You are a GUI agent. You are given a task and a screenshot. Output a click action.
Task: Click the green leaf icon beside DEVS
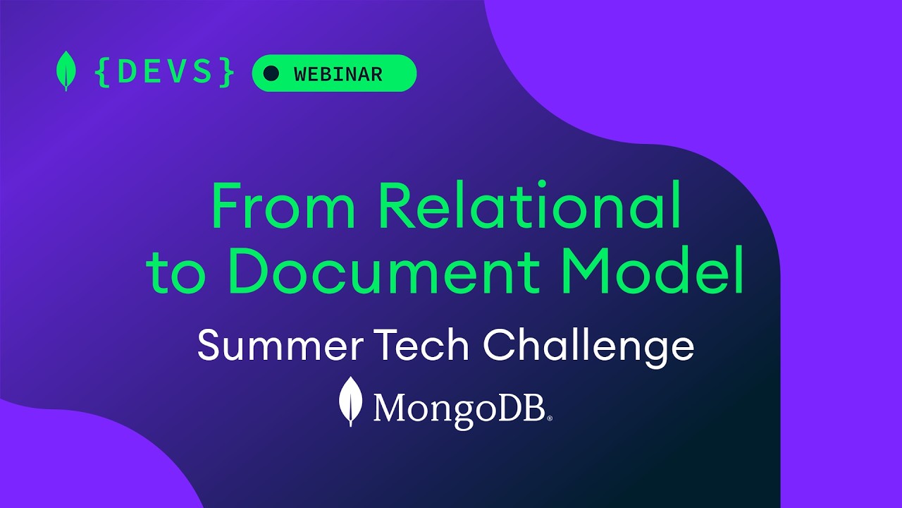click(x=66, y=71)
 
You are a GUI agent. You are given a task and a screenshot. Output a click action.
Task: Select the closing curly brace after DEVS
click(x=227, y=72)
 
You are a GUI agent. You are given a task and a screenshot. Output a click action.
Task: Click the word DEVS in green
click(x=165, y=72)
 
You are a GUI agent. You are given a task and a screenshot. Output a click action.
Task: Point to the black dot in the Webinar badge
click(x=271, y=73)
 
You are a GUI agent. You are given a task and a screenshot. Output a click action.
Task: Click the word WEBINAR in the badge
click(x=338, y=74)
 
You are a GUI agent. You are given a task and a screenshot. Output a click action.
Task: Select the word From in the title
click(x=283, y=206)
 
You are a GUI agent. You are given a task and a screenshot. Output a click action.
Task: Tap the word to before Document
click(x=175, y=270)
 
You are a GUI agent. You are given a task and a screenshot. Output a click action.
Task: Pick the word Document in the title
click(x=385, y=269)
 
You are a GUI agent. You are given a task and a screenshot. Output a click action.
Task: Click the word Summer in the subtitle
click(x=280, y=345)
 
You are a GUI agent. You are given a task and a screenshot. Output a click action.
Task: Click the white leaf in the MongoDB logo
click(x=350, y=401)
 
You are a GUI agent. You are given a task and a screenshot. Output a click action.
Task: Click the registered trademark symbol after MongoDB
click(x=550, y=418)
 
